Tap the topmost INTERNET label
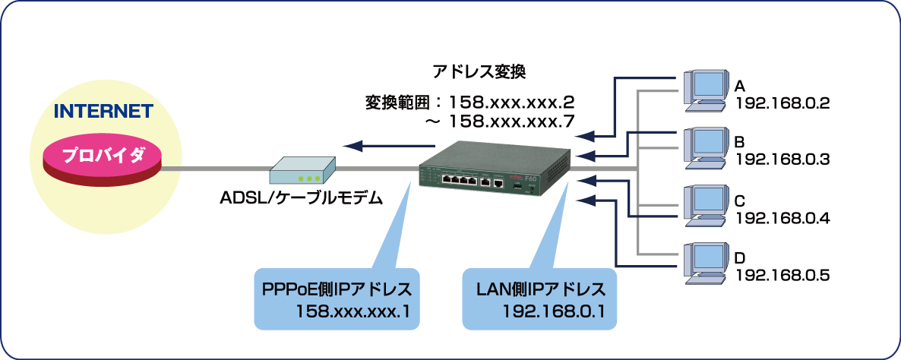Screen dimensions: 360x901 [103, 112]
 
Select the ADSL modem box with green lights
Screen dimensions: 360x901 [303, 171]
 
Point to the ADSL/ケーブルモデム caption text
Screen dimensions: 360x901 [300, 197]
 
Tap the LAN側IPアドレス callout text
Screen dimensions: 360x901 [541, 289]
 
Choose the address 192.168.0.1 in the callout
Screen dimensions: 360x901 [560, 310]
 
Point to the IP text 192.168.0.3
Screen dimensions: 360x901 [782, 159]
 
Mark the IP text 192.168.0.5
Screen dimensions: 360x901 [782, 274]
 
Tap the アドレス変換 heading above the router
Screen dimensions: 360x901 [479, 72]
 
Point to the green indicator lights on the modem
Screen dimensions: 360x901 [309, 179]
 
